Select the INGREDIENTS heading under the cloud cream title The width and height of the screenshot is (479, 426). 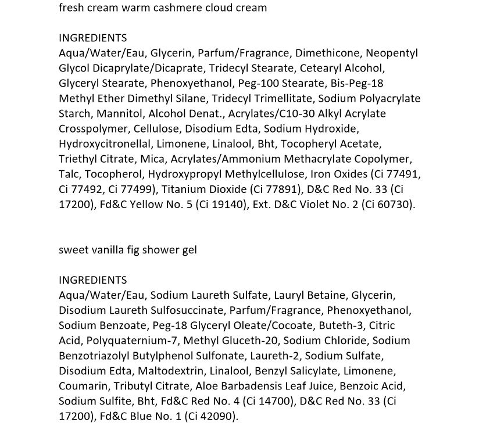[x=92, y=38]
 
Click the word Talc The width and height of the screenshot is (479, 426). [x=70, y=174]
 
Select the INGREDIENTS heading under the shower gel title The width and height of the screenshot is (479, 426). [x=92, y=280]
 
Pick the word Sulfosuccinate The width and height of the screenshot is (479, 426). [x=188, y=310]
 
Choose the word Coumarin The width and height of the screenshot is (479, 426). [x=81, y=386]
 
